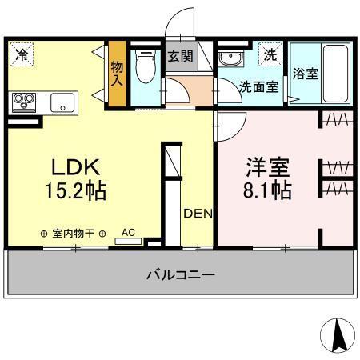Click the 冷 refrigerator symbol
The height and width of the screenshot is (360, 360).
pyautogui.click(x=22, y=55)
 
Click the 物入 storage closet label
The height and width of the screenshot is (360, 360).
pyautogui.click(x=118, y=74)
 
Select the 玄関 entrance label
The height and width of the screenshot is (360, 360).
pyautogui.click(x=178, y=56)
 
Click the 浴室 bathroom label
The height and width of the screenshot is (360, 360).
pyautogui.click(x=305, y=73)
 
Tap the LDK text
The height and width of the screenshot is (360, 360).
pyautogui.click(x=75, y=168)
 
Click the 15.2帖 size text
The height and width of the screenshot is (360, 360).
pyautogui.click(x=75, y=192)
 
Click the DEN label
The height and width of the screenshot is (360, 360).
pyautogui.click(x=196, y=214)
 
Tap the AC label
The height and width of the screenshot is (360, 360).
pyautogui.click(x=127, y=233)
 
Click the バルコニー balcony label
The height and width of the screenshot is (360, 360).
pyautogui.click(x=180, y=274)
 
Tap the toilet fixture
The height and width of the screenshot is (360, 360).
pyautogui.click(x=146, y=69)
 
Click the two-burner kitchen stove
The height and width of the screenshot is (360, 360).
pyautogui.click(x=24, y=102)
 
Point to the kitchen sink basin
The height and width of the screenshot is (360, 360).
pyautogui.click(x=62, y=102)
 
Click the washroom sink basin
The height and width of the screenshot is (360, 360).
pyautogui.click(x=230, y=60)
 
